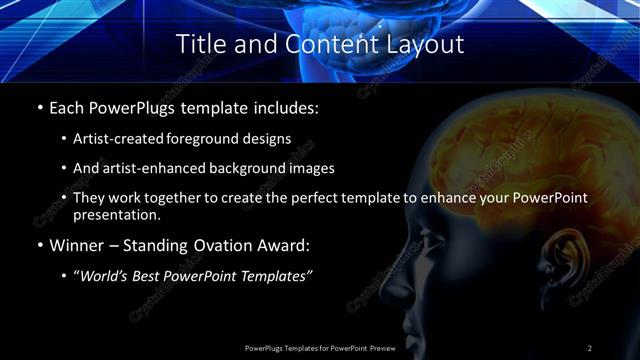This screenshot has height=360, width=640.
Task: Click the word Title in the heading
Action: click(200, 44)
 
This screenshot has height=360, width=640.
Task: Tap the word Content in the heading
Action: click(317, 44)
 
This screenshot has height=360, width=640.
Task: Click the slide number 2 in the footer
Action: click(589, 347)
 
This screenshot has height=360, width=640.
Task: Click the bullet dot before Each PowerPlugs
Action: click(39, 107)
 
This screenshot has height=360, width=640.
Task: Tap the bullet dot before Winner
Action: click(39, 244)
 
